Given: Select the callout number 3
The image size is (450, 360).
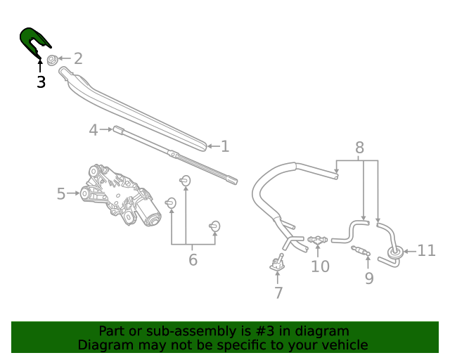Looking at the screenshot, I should click(41, 82).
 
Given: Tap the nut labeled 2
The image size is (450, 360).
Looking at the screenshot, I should click(52, 59).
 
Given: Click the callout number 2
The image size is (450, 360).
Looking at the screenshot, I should click(77, 59).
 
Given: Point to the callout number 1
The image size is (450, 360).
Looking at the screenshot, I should click(225, 146).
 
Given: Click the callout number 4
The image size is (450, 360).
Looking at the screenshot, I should click(93, 130).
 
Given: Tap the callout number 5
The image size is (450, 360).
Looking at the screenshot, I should click(60, 193).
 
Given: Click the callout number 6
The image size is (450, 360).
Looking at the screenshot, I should click(193, 260).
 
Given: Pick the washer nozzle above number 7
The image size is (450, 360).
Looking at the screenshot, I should click(277, 264).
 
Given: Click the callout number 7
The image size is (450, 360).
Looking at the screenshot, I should click(278, 293).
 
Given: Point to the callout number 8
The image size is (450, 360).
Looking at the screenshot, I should click(359, 148).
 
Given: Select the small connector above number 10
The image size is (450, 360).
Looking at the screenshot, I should click(319, 240).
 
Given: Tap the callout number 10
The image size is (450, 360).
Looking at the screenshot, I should click(320, 266).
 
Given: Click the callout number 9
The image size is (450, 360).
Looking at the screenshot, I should click(368, 278).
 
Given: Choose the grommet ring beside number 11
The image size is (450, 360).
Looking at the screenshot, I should click(394, 252).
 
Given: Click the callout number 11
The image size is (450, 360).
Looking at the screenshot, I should click(426, 251).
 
